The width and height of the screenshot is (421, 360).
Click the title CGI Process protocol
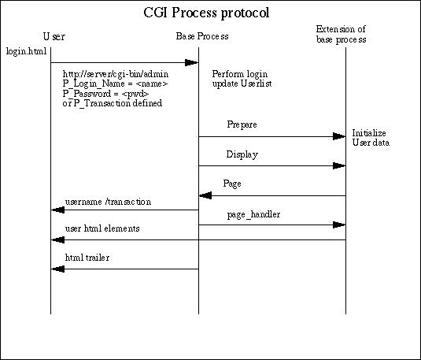(x=206, y=13)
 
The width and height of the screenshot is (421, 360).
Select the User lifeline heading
(x=54, y=36)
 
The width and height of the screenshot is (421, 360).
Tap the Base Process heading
(x=202, y=36)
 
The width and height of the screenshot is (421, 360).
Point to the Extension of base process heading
(x=341, y=34)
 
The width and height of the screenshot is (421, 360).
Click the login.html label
(x=26, y=51)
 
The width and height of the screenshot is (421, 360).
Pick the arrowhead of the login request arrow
(x=191, y=63)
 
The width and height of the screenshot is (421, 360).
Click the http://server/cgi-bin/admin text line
(x=116, y=74)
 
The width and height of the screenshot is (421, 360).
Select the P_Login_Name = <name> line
(x=115, y=84)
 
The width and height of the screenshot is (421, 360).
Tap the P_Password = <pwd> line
(x=105, y=94)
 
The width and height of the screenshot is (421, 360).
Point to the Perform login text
(x=240, y=74)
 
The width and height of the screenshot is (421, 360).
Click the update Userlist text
(x=242, y=84)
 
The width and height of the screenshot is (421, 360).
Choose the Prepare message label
(x=242, y=124)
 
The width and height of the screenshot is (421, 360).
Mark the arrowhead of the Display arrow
(x=339, y=165)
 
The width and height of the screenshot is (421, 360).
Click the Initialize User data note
(x=371, y=138)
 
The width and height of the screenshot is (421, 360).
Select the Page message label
(x=232, y=184)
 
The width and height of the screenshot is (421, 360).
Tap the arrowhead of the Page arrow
(x=205, y=195)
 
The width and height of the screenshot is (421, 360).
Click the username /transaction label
(x=108, y=202)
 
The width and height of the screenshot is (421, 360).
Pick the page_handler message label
(x=253, y=215)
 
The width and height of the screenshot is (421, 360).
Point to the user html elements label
(x=102, y=228)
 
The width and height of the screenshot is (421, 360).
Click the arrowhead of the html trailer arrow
(x=57, y=269)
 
